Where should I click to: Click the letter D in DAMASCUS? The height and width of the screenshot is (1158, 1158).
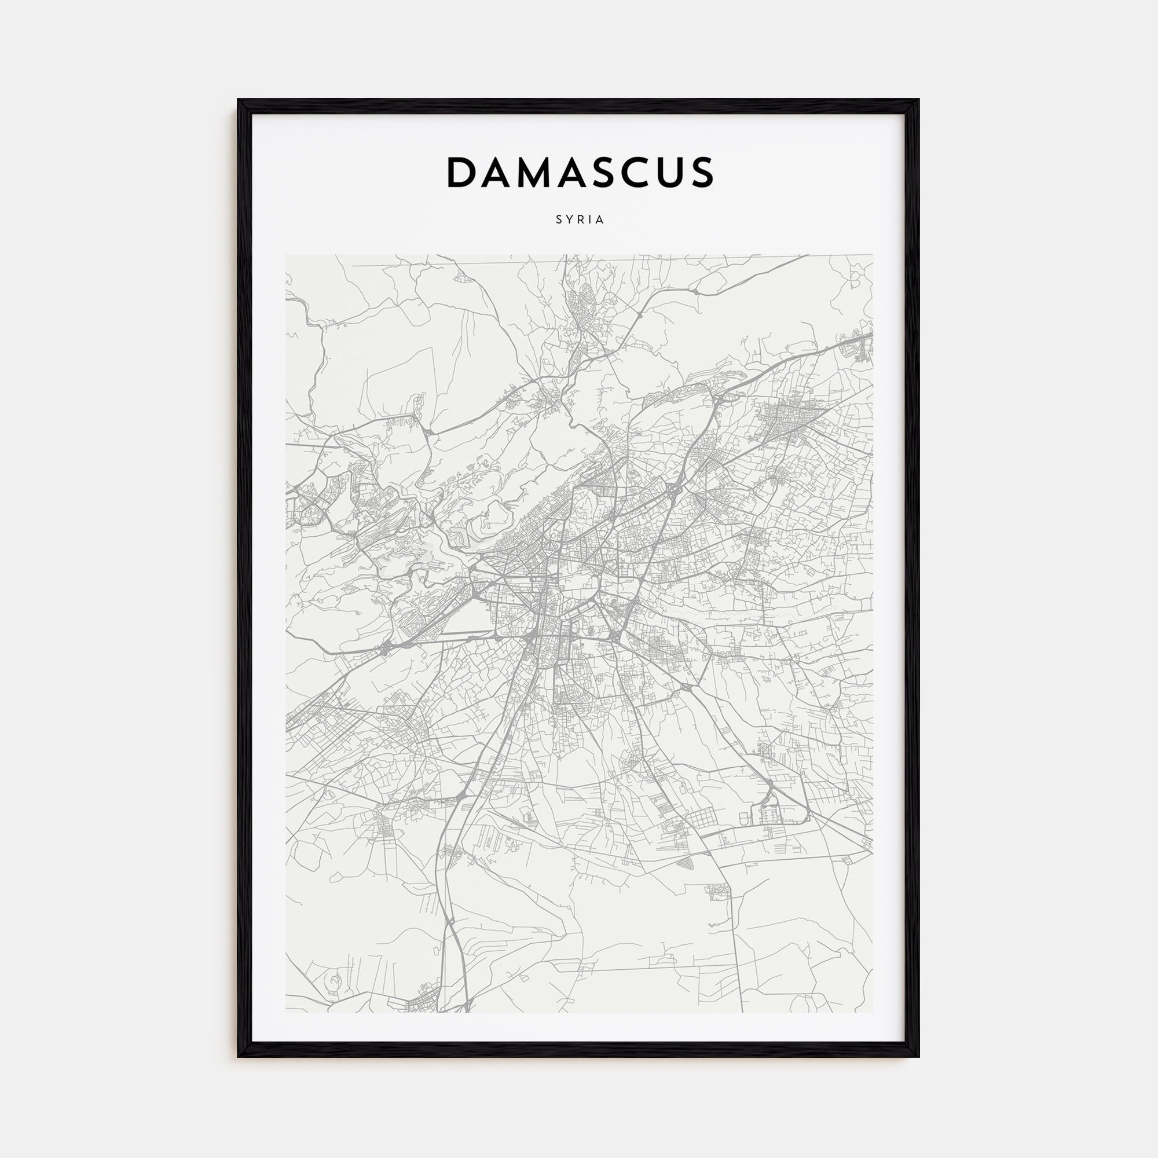pos(462,173)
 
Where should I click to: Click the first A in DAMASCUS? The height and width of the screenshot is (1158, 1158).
pos(500,173)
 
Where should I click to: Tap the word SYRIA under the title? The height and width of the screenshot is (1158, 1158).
pos(580,220)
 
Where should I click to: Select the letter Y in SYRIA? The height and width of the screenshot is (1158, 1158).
pos(569,220)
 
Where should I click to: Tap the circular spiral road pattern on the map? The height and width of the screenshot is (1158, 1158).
pos(331,981)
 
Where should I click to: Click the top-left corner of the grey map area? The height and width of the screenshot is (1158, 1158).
pos(286,255)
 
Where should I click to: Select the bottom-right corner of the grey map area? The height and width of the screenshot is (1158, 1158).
pos(872,1012)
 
